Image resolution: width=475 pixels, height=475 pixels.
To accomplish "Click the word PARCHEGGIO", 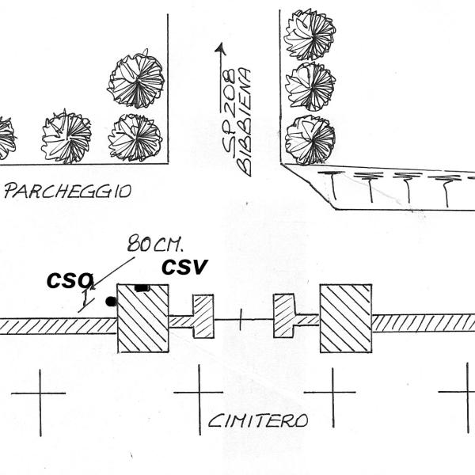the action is coord(68,191).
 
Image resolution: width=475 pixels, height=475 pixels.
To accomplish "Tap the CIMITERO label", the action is coord(258,420).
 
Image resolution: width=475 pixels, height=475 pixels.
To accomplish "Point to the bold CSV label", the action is coord(184,267).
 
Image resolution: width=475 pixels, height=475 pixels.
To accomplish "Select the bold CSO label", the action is coord(70,280).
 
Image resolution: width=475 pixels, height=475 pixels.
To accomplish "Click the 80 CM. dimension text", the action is coord(155,244).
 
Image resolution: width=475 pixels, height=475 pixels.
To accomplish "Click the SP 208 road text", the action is coord(229,113).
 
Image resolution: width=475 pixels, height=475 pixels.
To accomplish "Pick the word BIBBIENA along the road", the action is coord(244,123).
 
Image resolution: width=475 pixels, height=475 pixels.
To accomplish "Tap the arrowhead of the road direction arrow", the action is coord(221,48).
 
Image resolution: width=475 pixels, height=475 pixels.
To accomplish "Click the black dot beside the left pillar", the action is coord(111,301).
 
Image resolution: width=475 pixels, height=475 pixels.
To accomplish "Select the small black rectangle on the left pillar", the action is coord(142,288).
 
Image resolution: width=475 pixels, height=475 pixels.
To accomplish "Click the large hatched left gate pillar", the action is coord(143,318).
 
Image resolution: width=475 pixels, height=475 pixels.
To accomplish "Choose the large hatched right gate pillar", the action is coord(346,318).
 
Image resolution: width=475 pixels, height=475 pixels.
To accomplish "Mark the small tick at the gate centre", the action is coord(241,320).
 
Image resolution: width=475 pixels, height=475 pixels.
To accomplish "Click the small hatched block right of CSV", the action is coord(203,316).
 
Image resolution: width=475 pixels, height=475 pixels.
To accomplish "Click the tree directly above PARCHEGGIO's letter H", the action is coord(66,136).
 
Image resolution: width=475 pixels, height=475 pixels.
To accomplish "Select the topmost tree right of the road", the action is coord(310,34).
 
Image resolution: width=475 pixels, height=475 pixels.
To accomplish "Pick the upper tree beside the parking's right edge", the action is coord(136,81).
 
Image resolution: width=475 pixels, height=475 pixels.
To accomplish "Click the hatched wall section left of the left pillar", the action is coord(59,326).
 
